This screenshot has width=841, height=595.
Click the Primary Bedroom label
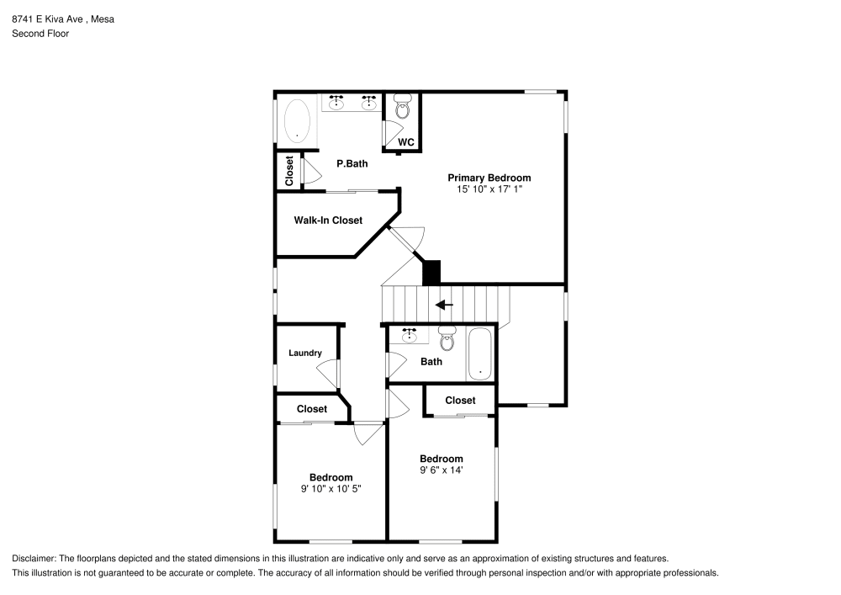click(x=489, y=178)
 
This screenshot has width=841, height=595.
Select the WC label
click(x=405, y=142)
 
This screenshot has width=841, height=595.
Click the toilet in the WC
click(x=402, y=107)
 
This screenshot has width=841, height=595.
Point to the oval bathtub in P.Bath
click(x=297, y=120)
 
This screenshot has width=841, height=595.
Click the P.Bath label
click(x=352, y=163)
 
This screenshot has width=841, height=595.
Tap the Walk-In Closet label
click(x=328, y=220)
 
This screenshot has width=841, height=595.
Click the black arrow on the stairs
click(x=444, y=305)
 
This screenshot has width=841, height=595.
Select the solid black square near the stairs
click(x=431, y=272)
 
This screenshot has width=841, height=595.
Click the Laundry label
click(x=304, y=353)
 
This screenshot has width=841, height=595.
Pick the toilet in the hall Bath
click(x=447, y=338)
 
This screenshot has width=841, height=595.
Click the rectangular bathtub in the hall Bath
click(x=480, y=354)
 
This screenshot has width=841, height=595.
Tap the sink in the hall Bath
click(x=410, y=336)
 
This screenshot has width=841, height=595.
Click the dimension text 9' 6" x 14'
click(x=442, y=470)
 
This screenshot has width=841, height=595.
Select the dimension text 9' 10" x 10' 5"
click(x=331, y=488)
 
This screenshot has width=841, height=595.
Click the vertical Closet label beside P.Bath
click(x=288, y=171)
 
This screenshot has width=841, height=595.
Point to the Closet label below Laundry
click(x=312, y=409)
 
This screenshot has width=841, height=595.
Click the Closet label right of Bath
click(x=460, y=401)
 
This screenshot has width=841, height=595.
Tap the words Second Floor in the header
click(x=40, y=34)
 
